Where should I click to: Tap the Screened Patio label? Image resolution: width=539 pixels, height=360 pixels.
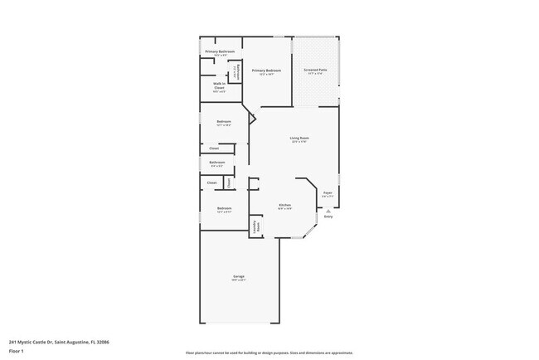pos(315,70)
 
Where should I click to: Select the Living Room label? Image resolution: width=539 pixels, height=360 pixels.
pos(299,138)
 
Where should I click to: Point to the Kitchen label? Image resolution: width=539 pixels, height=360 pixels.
pos(284,205)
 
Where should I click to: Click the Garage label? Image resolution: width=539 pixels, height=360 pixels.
pos(239,276)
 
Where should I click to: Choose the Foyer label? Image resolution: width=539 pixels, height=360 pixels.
pos(328,192)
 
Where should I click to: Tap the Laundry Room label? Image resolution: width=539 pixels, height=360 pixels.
pos(257,226)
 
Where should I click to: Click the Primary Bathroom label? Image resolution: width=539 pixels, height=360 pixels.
pos(220,51)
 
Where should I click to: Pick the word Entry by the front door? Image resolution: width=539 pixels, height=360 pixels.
pos(328,216)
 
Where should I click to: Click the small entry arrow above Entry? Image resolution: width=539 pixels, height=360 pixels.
pos(328,211)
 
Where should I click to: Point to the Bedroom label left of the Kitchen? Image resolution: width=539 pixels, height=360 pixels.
pos(224,208)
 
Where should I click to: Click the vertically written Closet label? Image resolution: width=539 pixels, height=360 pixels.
pos(230,182)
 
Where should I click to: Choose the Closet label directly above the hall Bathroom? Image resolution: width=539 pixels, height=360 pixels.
pos(214,148)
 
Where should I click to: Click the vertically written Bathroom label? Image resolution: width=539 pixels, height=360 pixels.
pos(236,72)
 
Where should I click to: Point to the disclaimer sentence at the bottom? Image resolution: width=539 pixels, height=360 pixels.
pos(269,352)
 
